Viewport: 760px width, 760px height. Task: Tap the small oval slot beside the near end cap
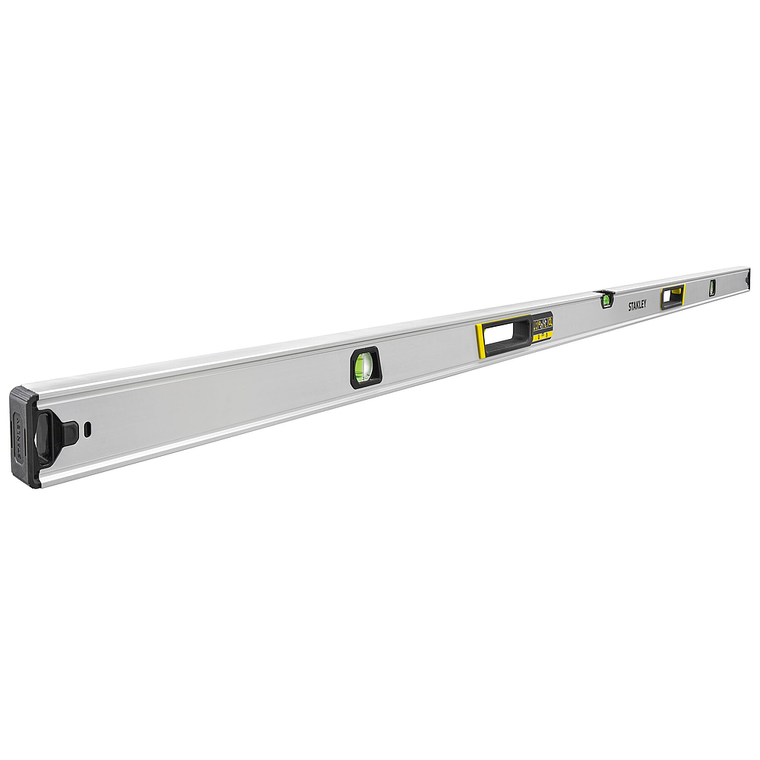point(88,429)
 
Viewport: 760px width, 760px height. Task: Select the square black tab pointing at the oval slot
point(69,433)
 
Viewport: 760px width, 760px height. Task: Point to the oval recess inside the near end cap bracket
point(45,438)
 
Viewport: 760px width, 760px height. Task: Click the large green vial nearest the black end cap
point(364,366)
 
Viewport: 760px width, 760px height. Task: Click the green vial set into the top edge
point(606,299)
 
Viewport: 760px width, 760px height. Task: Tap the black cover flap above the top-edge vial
point(605,291)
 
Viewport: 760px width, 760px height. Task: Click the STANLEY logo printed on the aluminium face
point(637,305)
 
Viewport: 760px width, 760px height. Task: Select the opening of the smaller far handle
point(671,297)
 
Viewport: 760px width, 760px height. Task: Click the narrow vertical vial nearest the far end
point(712,287)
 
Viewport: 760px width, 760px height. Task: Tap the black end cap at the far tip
point(749,278)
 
